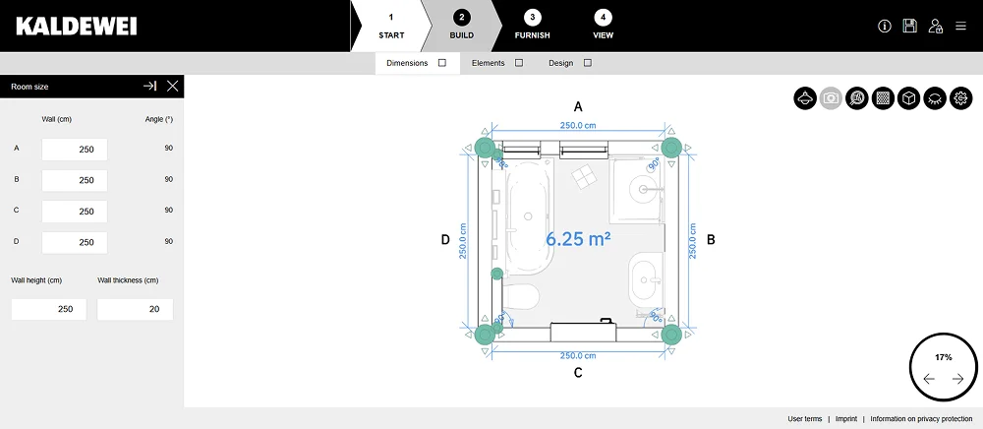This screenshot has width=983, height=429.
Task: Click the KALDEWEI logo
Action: point(76,26)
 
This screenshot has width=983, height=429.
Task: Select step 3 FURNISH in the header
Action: point(532,26)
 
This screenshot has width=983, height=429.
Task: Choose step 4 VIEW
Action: point(604,26)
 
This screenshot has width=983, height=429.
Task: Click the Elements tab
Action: point(497,63)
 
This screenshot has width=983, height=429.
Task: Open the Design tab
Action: point(569,63)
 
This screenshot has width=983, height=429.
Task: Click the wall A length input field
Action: point(75,150)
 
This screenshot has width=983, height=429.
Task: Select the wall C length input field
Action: point(75,212)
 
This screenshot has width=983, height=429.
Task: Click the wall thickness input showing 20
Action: point(135,309)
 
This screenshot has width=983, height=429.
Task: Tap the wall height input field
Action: point(49,309)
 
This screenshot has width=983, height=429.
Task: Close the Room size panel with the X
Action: point(172,87)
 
